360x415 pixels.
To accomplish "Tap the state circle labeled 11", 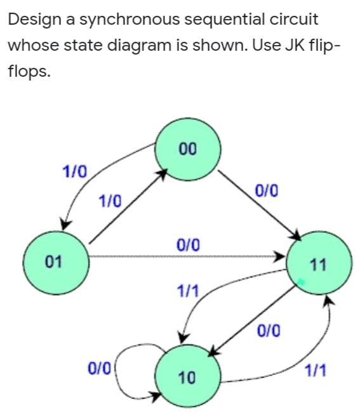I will [x=319, y=265].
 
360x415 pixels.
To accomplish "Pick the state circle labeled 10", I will [x=187, y=378].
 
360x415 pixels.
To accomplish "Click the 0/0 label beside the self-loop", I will [x=100, y=367].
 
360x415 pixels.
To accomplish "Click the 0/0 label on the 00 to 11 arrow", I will [x=265, y=190].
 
